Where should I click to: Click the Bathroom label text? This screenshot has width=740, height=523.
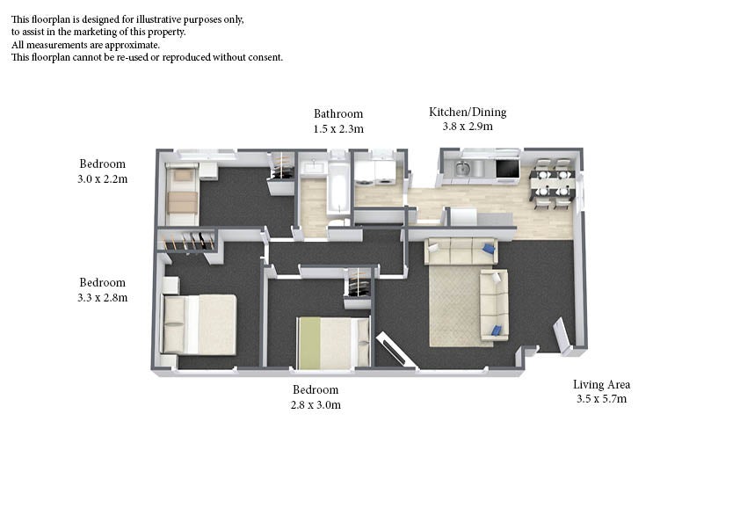(338, 113)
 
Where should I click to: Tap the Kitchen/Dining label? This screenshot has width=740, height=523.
(468, 112)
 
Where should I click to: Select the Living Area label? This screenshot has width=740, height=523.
(602, 384)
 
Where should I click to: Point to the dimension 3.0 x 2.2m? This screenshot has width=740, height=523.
(103, 179)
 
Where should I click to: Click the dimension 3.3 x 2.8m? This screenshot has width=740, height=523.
(103, 297)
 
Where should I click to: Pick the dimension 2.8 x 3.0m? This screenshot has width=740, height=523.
(316, 404)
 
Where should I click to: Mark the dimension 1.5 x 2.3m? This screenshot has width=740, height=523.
(338, 128)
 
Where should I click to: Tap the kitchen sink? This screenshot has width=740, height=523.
(462, 168)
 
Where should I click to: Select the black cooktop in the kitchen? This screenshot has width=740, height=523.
(507, 169)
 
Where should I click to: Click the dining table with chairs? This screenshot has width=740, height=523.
(553, 184)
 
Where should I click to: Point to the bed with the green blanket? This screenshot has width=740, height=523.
(333, 342)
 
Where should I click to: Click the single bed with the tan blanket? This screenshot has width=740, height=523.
(182, 195)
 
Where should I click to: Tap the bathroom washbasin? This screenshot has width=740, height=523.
(312, 168)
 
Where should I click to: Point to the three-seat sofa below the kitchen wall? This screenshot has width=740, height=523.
(461, 251)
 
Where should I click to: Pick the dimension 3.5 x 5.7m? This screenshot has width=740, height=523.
(602, 399)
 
